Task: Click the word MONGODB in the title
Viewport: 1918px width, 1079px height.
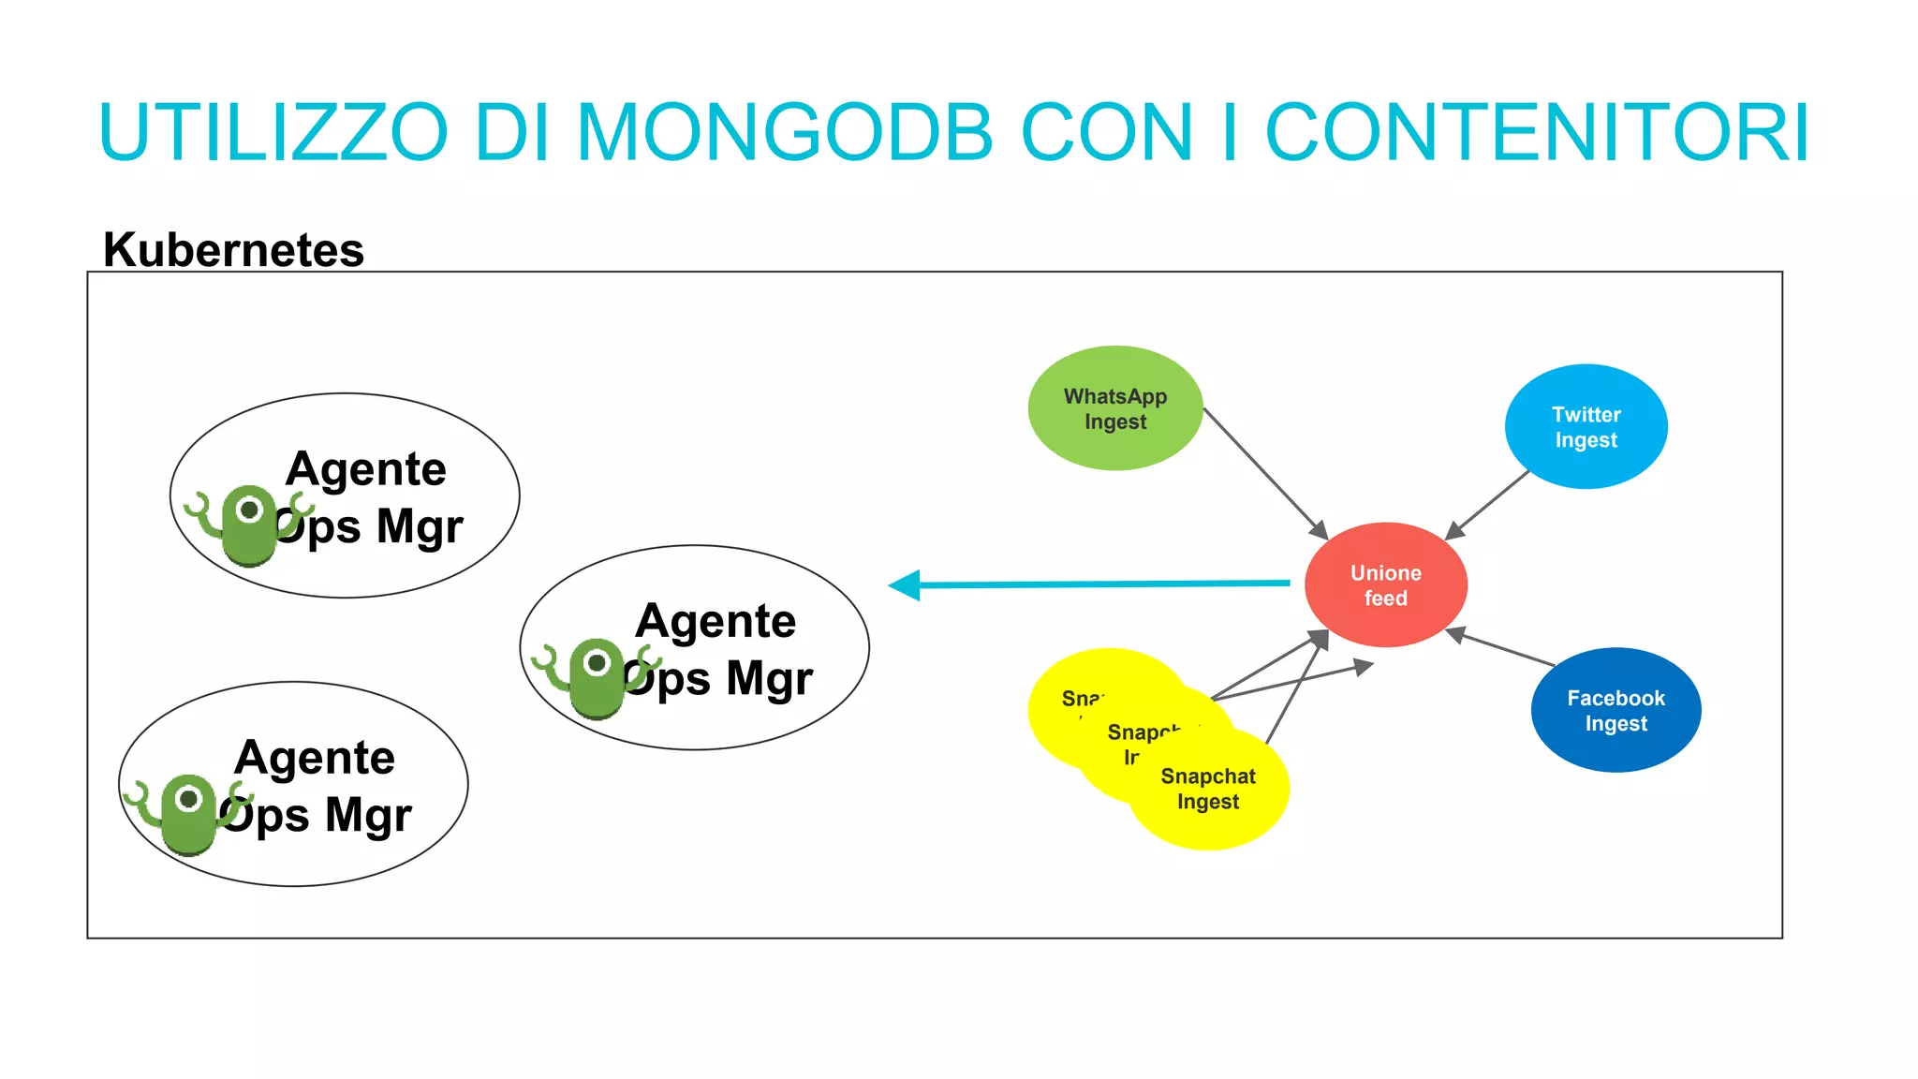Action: coord(785,133)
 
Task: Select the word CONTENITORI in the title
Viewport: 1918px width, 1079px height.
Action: coord(1537,133)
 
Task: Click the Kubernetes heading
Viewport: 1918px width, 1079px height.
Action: coord(233,250)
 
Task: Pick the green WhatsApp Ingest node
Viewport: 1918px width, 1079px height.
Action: coord(1114,408)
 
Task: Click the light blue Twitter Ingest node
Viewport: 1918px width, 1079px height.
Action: coord(1586,427)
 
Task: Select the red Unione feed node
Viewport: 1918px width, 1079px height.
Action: coord(1385,585)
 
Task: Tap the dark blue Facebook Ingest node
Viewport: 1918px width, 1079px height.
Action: coord(1616,710)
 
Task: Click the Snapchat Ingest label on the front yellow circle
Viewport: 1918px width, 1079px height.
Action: coord(1208,789)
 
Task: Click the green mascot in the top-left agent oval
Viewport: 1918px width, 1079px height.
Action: coord(248,525)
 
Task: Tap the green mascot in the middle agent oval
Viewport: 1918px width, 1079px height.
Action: coord(596,678)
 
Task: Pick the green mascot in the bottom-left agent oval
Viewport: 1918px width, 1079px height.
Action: coord(188,813)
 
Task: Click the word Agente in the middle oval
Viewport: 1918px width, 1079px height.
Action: coord(716,621)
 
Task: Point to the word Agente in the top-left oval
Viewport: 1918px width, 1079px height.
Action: coord(366,468)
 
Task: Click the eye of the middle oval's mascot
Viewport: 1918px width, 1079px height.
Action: coord(597,663)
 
